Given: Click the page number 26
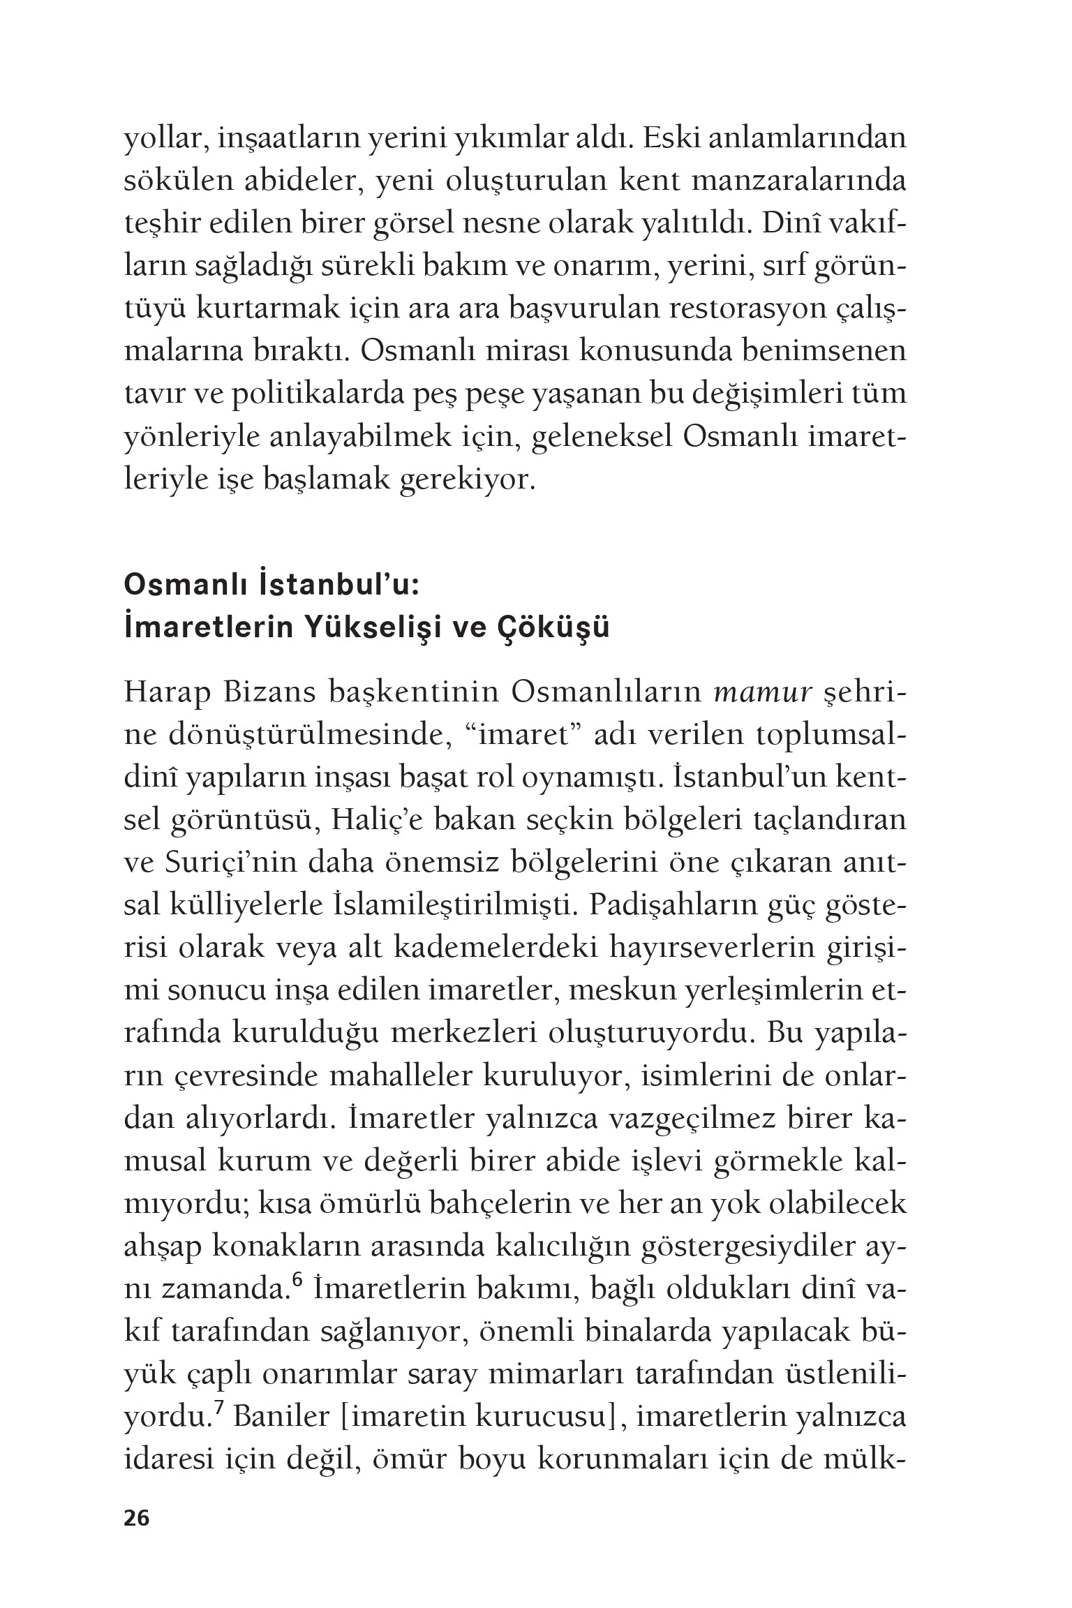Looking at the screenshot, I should pyautogui.click(x=137, y=1518).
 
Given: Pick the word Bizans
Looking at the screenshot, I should pyautogui.click(x=276, y=693).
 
